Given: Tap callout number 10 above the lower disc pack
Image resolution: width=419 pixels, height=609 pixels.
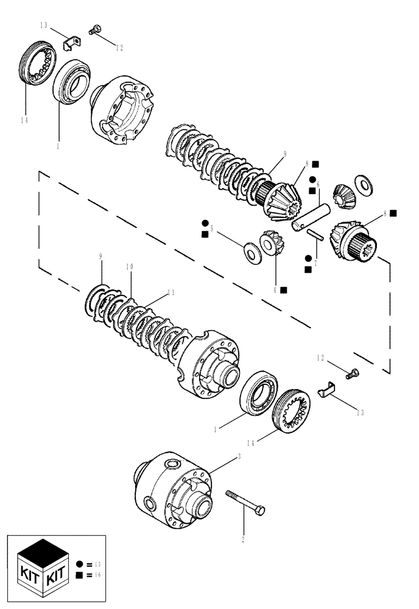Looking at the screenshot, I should click(x=129, y=267).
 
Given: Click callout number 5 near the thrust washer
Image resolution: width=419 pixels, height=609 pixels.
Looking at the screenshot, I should click(x=211, y=230).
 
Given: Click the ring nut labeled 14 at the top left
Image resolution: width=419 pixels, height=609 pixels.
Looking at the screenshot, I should click(x=35, y=65).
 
